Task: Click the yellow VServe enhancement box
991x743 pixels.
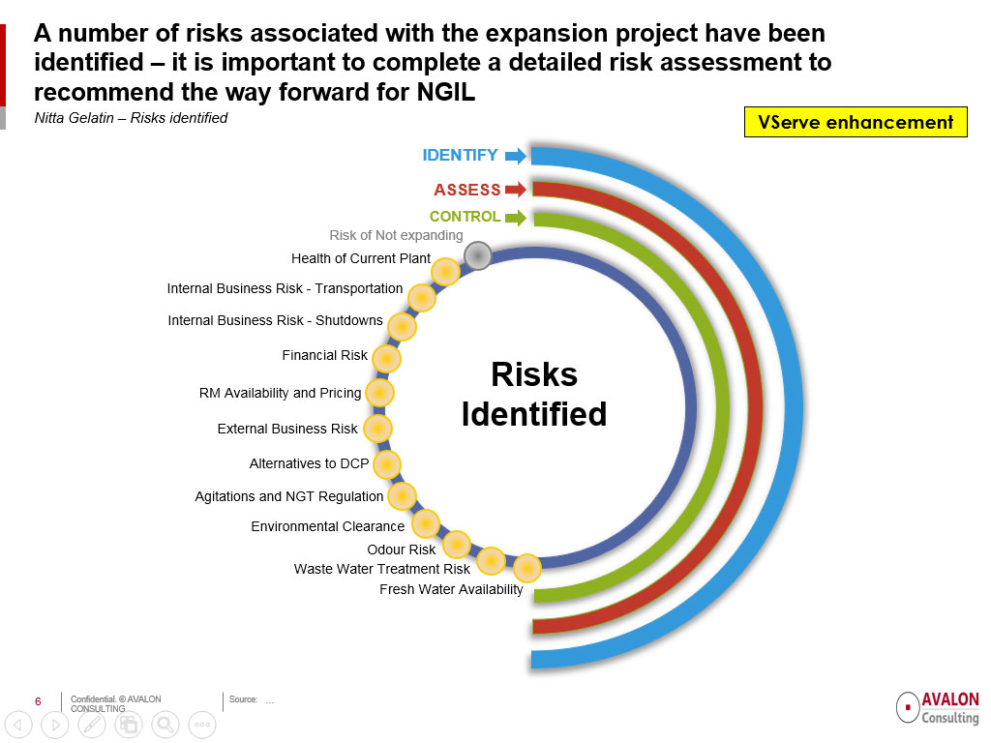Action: click(x=856, y=122)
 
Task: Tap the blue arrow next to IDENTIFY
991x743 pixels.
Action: click(x=516, y=156)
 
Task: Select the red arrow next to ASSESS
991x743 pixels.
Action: click(x=516, y=189)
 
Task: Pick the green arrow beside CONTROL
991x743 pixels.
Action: click(x=516, y=218)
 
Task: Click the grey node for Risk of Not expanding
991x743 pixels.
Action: click(x=478, y=255)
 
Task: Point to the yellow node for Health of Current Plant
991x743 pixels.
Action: click(x=445, y=272)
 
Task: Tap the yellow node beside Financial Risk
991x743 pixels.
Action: click(x=386, y=359)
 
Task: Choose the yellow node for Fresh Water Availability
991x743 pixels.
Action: click(x=527, y=568)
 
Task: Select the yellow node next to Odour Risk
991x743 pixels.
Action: click(x=457, y=545)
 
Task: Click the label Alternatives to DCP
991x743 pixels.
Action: click(x=309, y=463)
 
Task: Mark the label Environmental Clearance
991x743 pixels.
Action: click(x=327, y=526)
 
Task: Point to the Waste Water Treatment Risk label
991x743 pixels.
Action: click(x=381, y=569)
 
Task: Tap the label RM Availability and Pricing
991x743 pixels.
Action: click(x=280, y=393)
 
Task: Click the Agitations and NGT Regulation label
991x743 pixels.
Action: click(x=288, y=496)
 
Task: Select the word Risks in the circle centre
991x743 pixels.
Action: click(x=534, y=374)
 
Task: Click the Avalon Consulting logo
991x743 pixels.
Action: click(x=938, y=707)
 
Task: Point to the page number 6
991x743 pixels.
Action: click(x=38, y=702)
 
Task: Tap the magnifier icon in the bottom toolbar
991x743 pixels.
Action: click(x=165, y=724)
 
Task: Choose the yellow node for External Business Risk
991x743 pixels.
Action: click(x=377, y=429)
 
